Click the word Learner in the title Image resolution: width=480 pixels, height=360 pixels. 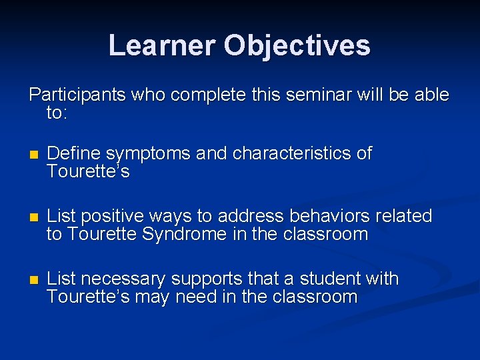pyautogui.click(x=162, y=45)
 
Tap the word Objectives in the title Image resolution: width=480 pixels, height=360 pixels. pyautogui.click(x=297, y=45)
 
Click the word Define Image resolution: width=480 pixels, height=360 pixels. pyautogui.click(x=75, y=153)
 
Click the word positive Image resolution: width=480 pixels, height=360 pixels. pyautogui.click(x=114, y=216)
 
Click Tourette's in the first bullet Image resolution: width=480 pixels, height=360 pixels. pyautogui.click(x=88, y=171)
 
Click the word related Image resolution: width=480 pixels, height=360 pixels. pyautogui.click(x=405, y=216)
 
